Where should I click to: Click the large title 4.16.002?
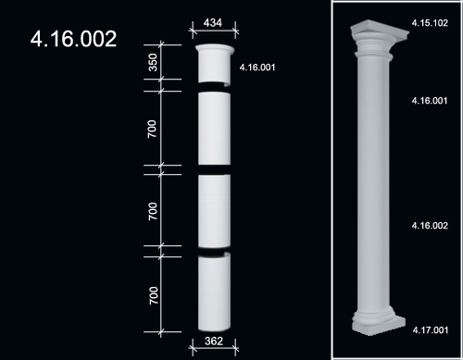(x=73, y=39)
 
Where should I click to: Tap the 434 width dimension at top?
(x=213, y=22)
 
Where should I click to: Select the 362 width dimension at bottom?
(x=214, y=341)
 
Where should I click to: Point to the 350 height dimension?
(x=153, y=62)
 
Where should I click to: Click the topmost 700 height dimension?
(x=152, y=129)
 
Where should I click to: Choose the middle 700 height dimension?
(x=153, y=211)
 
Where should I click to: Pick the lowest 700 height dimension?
(x=154, y=295)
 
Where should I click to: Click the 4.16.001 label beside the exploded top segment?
(x=257, y=68)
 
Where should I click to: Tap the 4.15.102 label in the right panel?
(x=430, y=23)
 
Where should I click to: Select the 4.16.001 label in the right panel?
(x=430, y=101)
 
